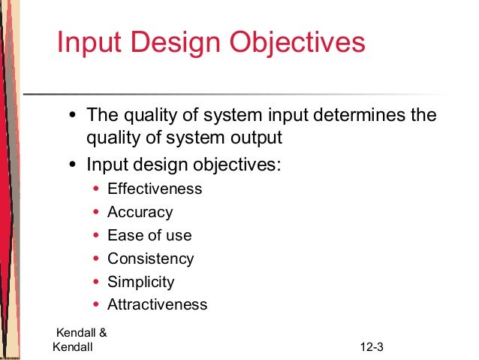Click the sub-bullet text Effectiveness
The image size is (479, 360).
(x=155, y=189)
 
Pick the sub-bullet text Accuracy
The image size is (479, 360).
(x=140, y=212)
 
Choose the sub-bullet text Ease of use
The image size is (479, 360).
(x=149, y=235)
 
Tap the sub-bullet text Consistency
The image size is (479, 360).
(x=150, y=259)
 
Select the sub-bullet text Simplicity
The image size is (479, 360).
(x=140, y=282)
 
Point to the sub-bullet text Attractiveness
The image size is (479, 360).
(x=157, y=304)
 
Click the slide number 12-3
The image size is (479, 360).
(x=372, y=346)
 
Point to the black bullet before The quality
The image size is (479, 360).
(x=72, y=117)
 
